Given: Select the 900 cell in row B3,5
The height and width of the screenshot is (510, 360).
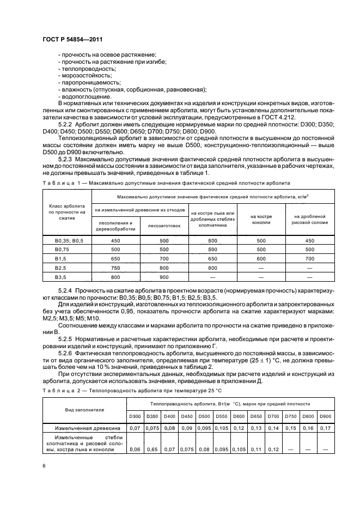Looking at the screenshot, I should (x=164, y=276).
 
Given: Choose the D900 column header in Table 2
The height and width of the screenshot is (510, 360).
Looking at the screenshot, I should (x=325, y=417).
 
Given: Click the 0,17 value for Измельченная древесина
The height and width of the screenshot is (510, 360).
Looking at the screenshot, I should (x=325, y=428).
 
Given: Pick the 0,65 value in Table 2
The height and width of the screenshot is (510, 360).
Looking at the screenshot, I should (x=150, y=449).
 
